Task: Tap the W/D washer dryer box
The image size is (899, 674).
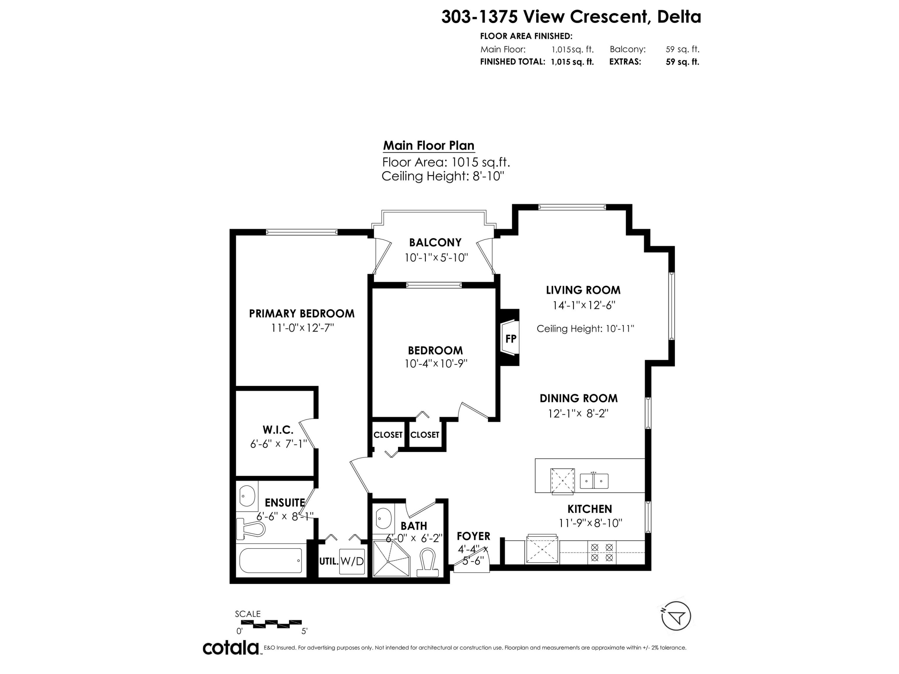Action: click(352, 561)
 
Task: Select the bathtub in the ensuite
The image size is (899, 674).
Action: click(270, 561)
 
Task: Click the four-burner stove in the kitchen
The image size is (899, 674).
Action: click(602, 552)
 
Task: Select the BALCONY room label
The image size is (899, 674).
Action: click(435, 243)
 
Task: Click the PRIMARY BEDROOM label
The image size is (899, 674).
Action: click(301, 313)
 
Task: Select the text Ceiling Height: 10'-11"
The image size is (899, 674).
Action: click(585, 328)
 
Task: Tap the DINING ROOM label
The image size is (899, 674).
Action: click(578, 398)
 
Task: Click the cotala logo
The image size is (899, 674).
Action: click(231, 648)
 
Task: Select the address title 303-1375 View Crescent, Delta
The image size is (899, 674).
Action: click(571, 17)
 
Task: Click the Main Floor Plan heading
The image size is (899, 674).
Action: click(429, 146)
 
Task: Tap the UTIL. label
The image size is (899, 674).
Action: click(329, 561)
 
